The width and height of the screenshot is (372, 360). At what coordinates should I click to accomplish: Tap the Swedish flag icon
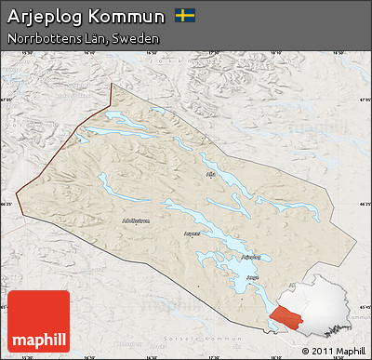pos(185,16)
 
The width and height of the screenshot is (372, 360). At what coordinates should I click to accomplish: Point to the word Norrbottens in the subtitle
pos(41,39)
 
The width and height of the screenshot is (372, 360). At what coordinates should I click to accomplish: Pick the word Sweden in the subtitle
pos(132,39)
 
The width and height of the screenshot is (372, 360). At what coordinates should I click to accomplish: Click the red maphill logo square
pos(38,321)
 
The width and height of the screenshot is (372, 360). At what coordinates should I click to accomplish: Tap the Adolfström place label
pos(135,220)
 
